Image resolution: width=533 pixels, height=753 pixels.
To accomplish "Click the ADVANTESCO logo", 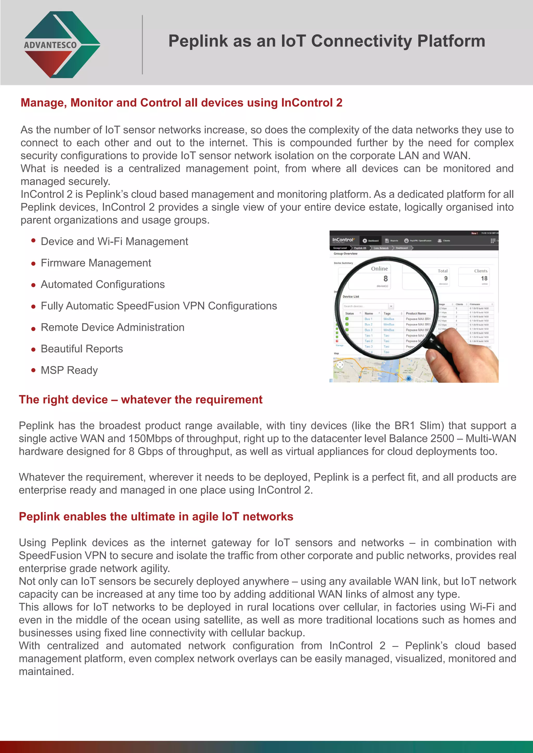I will point(62,45).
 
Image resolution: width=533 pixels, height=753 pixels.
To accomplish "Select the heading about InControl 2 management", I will point(181,103).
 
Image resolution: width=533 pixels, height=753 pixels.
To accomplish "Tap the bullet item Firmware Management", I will point(96,263).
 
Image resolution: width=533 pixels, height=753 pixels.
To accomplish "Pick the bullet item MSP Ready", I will point(69,370).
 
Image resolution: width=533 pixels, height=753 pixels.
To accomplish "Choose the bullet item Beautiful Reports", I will point(82,349).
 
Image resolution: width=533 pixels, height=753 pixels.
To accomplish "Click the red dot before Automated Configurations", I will point(33,285).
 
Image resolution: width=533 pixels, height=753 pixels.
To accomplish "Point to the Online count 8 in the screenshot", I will point(385,278).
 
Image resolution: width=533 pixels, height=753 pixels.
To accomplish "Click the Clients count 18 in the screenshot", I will point(484,278).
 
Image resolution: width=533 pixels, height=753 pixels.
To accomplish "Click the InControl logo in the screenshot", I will point(343,240).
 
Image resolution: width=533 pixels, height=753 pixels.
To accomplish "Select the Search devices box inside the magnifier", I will point(366,306).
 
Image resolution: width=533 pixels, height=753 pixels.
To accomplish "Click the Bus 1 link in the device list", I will point(368,319).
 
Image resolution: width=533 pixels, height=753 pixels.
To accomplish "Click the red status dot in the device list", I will point(337,341).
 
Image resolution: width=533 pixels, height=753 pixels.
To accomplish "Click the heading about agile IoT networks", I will point(156,517).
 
